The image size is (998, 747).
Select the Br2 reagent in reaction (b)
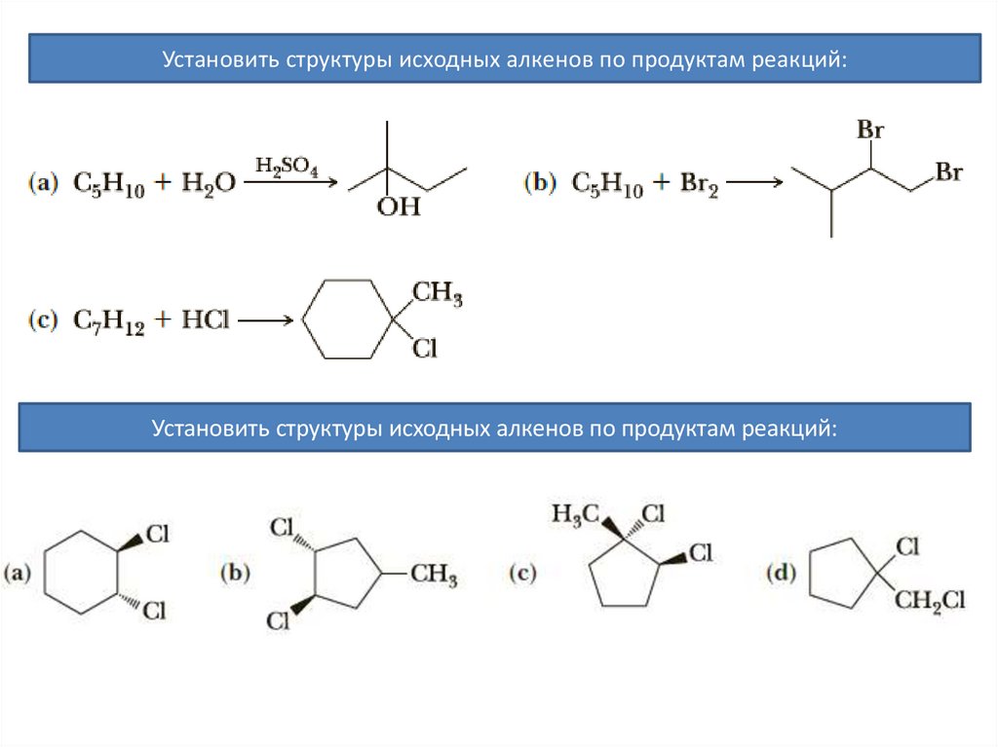point(698,185)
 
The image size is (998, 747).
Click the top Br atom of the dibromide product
point(869,130)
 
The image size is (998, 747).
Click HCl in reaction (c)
point(204,320)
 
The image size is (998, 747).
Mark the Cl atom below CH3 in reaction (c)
point(425,348)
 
